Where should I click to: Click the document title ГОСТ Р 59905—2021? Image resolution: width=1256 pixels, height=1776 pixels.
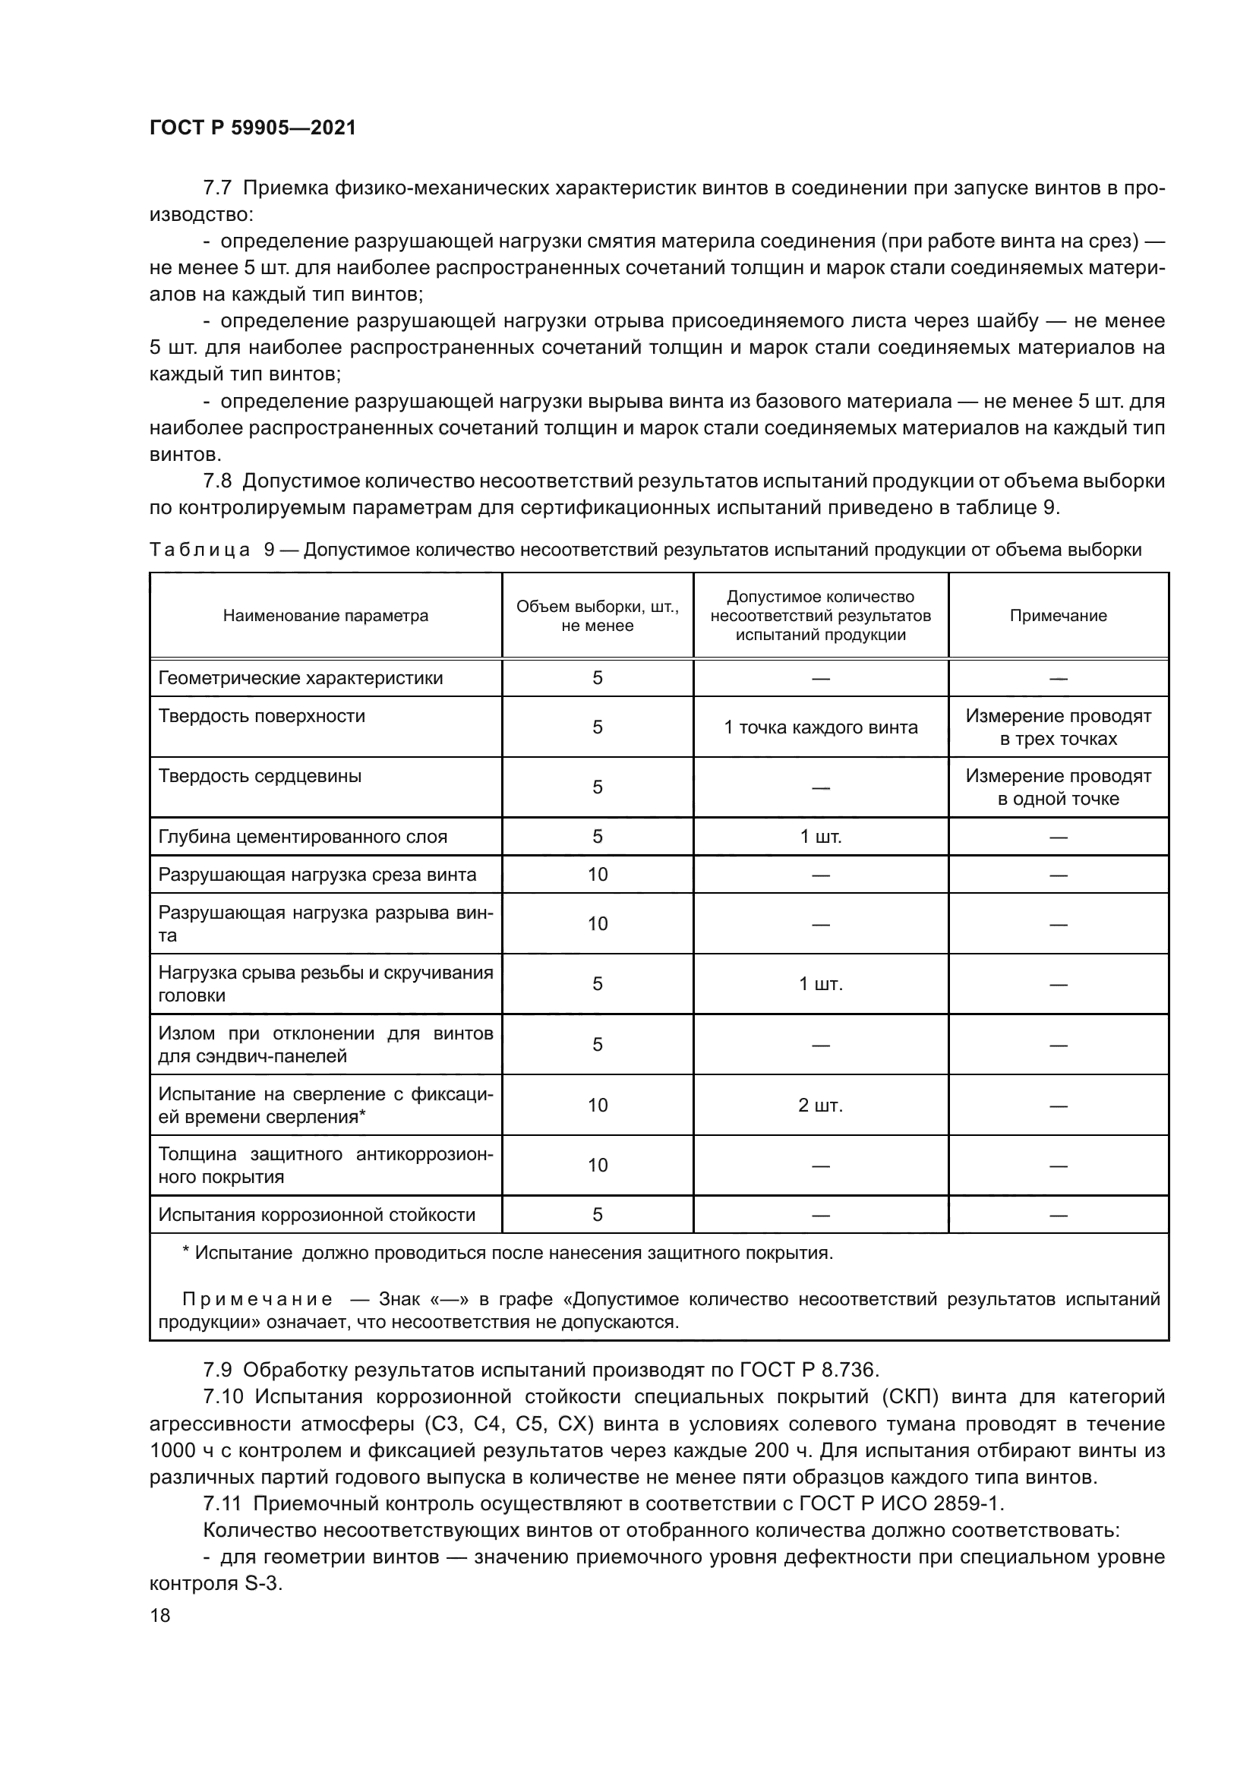(252, 128)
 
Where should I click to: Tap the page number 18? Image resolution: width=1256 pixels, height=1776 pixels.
(160, 1615)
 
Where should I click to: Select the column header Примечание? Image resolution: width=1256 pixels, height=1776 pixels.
(1057, 616)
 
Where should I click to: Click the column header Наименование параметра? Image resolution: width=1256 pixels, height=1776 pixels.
(325, 616)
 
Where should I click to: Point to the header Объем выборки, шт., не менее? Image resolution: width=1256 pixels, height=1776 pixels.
(597, 616)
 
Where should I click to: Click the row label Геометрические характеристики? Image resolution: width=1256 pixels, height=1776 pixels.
(300, 678)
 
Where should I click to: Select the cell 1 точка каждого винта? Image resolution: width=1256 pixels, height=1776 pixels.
(820, 727)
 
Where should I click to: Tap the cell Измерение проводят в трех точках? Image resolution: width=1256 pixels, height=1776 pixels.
(1057, 727)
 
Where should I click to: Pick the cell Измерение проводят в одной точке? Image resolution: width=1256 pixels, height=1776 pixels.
(1057, 787)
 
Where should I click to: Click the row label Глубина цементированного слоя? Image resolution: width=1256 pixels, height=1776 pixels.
(302, 837)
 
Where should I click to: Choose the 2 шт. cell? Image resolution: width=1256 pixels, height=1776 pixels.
(820, 1106)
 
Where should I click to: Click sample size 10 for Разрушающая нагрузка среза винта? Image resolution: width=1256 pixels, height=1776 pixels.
(597, 875)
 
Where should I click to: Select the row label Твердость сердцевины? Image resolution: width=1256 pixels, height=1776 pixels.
(260, 777)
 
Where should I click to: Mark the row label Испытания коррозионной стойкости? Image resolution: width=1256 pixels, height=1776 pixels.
(317, 1215)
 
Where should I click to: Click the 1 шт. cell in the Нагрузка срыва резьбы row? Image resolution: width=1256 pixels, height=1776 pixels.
(820, 984)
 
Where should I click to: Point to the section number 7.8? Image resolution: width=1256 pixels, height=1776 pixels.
(217, 481)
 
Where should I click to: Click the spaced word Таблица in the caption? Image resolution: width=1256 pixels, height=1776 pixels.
(200, 550)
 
